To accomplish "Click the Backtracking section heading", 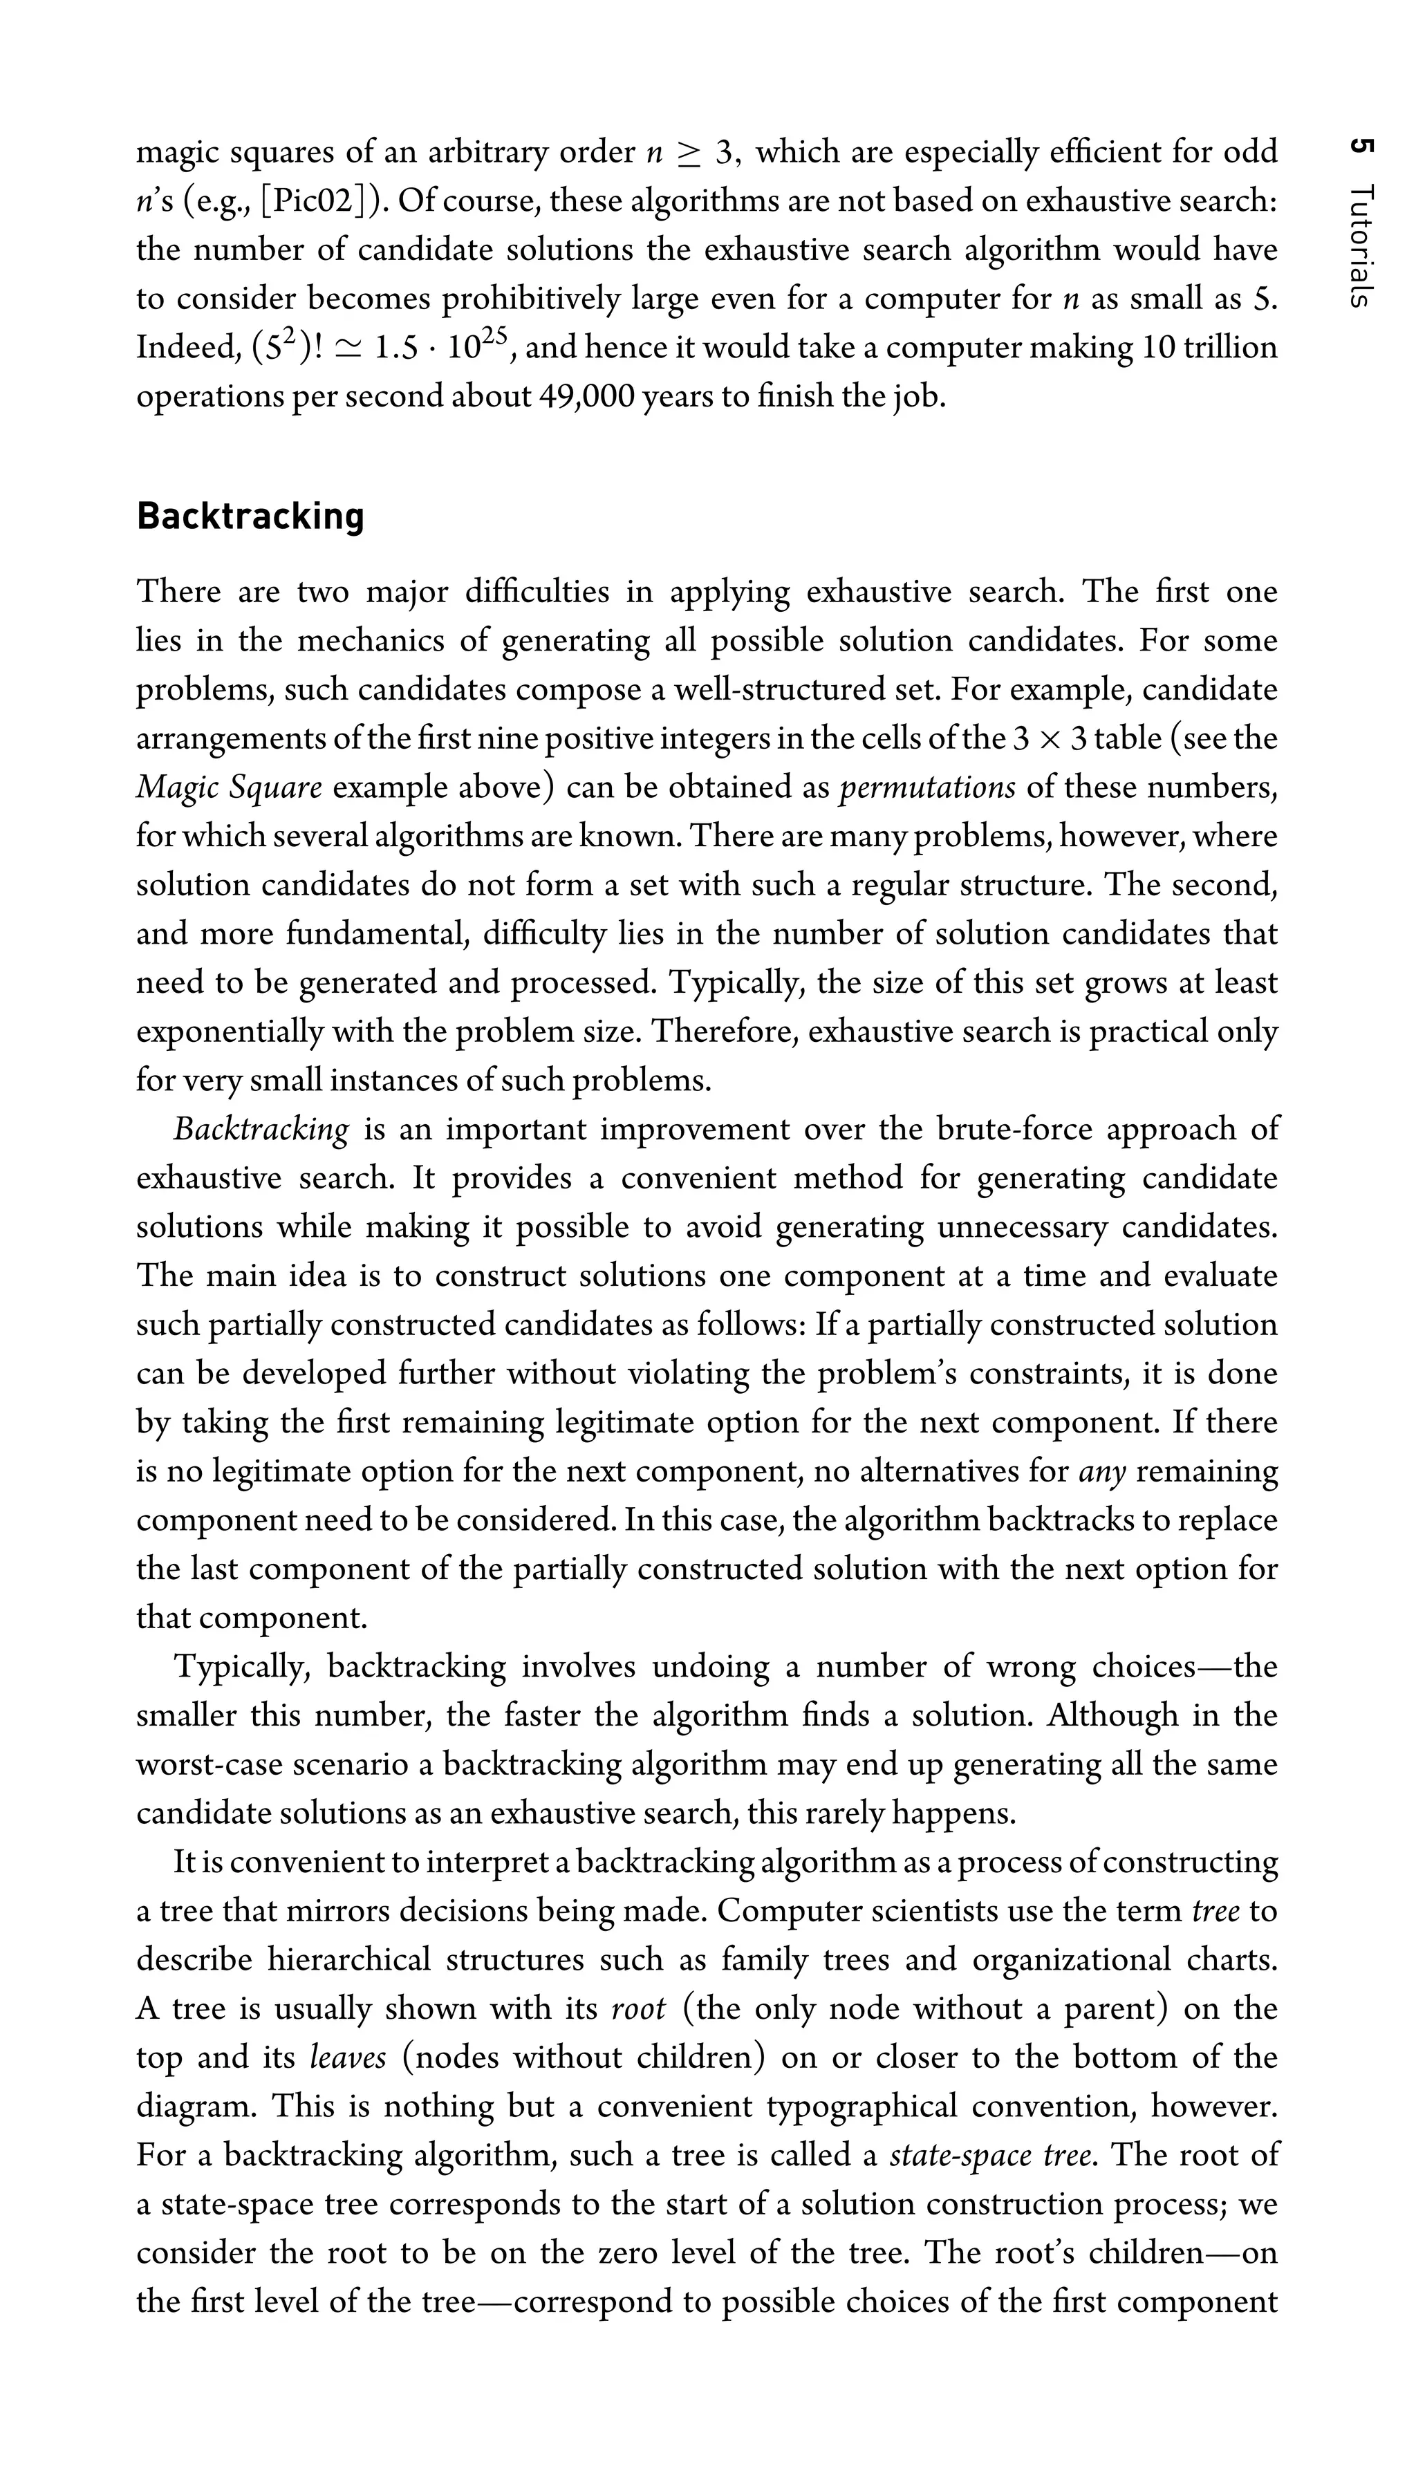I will tap(250, 516).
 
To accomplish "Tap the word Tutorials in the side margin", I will tap(1361, 246).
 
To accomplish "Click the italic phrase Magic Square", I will tap(229, 787).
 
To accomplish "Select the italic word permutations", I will tap(926, 787).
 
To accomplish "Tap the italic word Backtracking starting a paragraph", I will tap(261, 1129).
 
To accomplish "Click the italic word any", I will tap(1102, 1471).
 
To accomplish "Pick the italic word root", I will tap(638, 2008).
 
